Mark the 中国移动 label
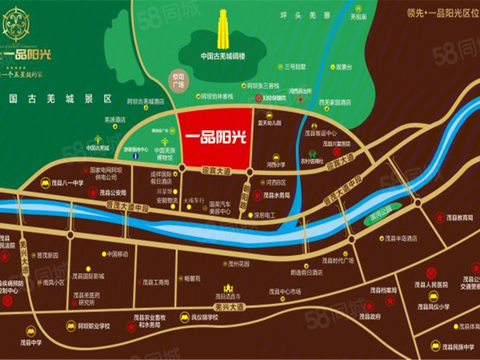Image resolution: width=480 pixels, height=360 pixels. (x=118, y=254)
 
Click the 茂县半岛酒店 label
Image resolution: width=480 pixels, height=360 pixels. (x=399, y=238)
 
